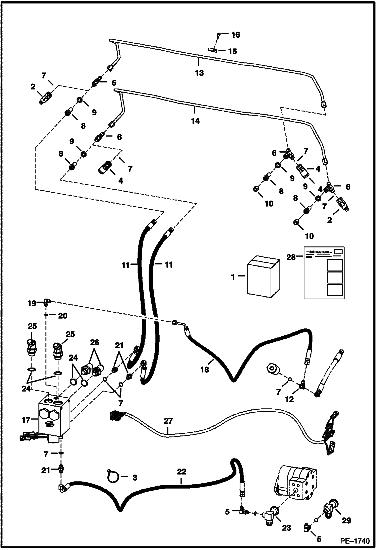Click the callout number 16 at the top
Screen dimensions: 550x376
(x=235, y=35)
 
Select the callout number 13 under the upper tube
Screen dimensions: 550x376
(x=200, y=73)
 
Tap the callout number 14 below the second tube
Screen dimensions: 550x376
(x=195, y=121)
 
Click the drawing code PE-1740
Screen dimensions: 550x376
(x=355, y=541)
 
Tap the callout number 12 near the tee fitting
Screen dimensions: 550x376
(x=289, y=399)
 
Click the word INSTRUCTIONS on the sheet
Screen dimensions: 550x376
(x=319, y=252)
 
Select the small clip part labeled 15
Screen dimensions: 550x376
(x=211, y=50)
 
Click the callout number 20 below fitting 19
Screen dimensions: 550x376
(x=62, y=316)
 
